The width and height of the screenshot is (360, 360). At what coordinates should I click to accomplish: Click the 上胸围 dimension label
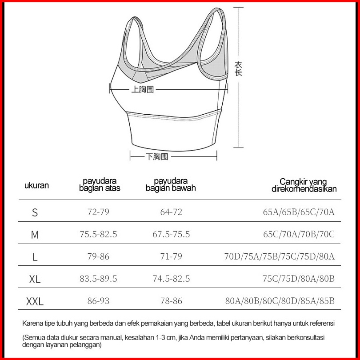point(142,89)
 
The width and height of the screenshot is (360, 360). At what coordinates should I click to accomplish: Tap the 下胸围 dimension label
point(157,156)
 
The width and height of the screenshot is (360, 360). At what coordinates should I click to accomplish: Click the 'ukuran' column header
point(36,185)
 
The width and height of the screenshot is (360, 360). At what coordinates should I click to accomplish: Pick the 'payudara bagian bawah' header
point(171,185)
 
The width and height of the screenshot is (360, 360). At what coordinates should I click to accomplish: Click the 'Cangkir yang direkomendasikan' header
point(304,185)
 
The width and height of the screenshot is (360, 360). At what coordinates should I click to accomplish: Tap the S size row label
point(35,212)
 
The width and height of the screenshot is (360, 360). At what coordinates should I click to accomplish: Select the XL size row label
point(35,280)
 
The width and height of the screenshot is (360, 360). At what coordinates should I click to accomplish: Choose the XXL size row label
point(35,302)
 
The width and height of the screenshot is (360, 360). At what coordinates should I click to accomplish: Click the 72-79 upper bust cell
point(98,212)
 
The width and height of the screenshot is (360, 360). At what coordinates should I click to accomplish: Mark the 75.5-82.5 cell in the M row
point(98,234)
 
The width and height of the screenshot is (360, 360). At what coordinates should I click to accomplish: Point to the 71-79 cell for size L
point(171,256)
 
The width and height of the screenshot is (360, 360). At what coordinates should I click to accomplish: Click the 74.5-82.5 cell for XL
point(171,279)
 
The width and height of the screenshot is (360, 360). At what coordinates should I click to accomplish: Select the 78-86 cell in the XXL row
point(171,301)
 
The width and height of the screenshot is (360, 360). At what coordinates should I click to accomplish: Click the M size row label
point(35,235)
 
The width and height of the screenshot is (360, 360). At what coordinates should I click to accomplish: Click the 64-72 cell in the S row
point(171,212)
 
